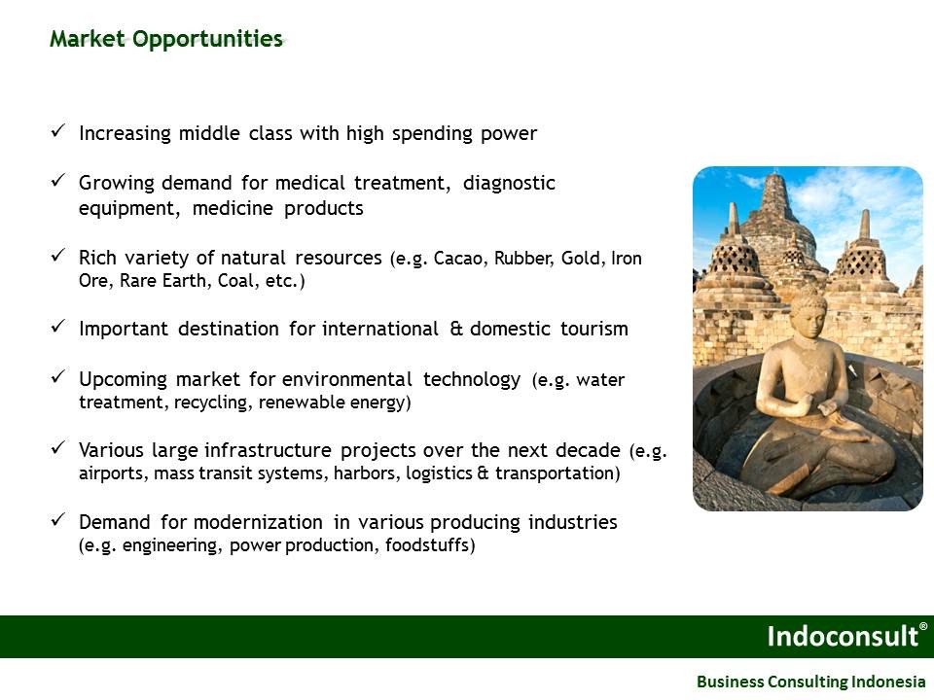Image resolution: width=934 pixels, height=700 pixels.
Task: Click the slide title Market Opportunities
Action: coord(166,39)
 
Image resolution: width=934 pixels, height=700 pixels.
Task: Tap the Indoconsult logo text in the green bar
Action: coord(843,636)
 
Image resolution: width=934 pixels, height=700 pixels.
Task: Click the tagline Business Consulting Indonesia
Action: coord(810,681)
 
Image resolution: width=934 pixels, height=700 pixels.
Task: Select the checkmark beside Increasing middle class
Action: coord(57,130)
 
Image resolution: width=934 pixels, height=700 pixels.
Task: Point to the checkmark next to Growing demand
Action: coord(57,180)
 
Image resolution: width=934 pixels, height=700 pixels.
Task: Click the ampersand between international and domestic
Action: coord(455,329)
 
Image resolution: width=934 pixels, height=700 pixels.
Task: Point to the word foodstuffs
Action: coord(430,545)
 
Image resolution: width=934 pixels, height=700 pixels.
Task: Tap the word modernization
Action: coord(258,522)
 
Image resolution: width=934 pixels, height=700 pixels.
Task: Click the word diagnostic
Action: coord(509,184)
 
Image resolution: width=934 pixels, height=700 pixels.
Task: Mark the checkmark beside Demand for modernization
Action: coord(57,519)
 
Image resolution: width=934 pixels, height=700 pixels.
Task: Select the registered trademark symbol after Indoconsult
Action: coord(923,626)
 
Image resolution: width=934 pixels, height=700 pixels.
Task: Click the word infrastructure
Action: coord(268,450)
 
